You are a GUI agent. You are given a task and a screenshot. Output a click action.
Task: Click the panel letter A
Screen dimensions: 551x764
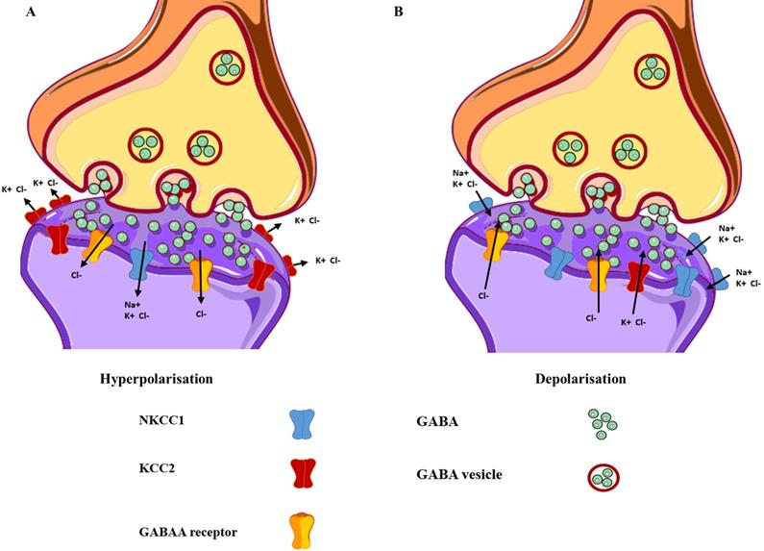9,12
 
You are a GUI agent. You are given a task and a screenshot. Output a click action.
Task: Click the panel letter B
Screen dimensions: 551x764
398,12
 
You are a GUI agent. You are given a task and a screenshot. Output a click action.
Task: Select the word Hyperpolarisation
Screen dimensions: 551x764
156,379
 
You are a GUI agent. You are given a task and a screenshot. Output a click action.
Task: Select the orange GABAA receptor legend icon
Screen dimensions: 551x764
302,526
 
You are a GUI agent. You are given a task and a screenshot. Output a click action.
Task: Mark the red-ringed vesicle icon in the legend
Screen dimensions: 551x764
602,476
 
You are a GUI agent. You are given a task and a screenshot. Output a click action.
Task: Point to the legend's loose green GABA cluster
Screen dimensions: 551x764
603,423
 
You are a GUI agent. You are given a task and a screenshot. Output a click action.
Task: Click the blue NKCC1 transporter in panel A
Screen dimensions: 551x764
140,261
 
